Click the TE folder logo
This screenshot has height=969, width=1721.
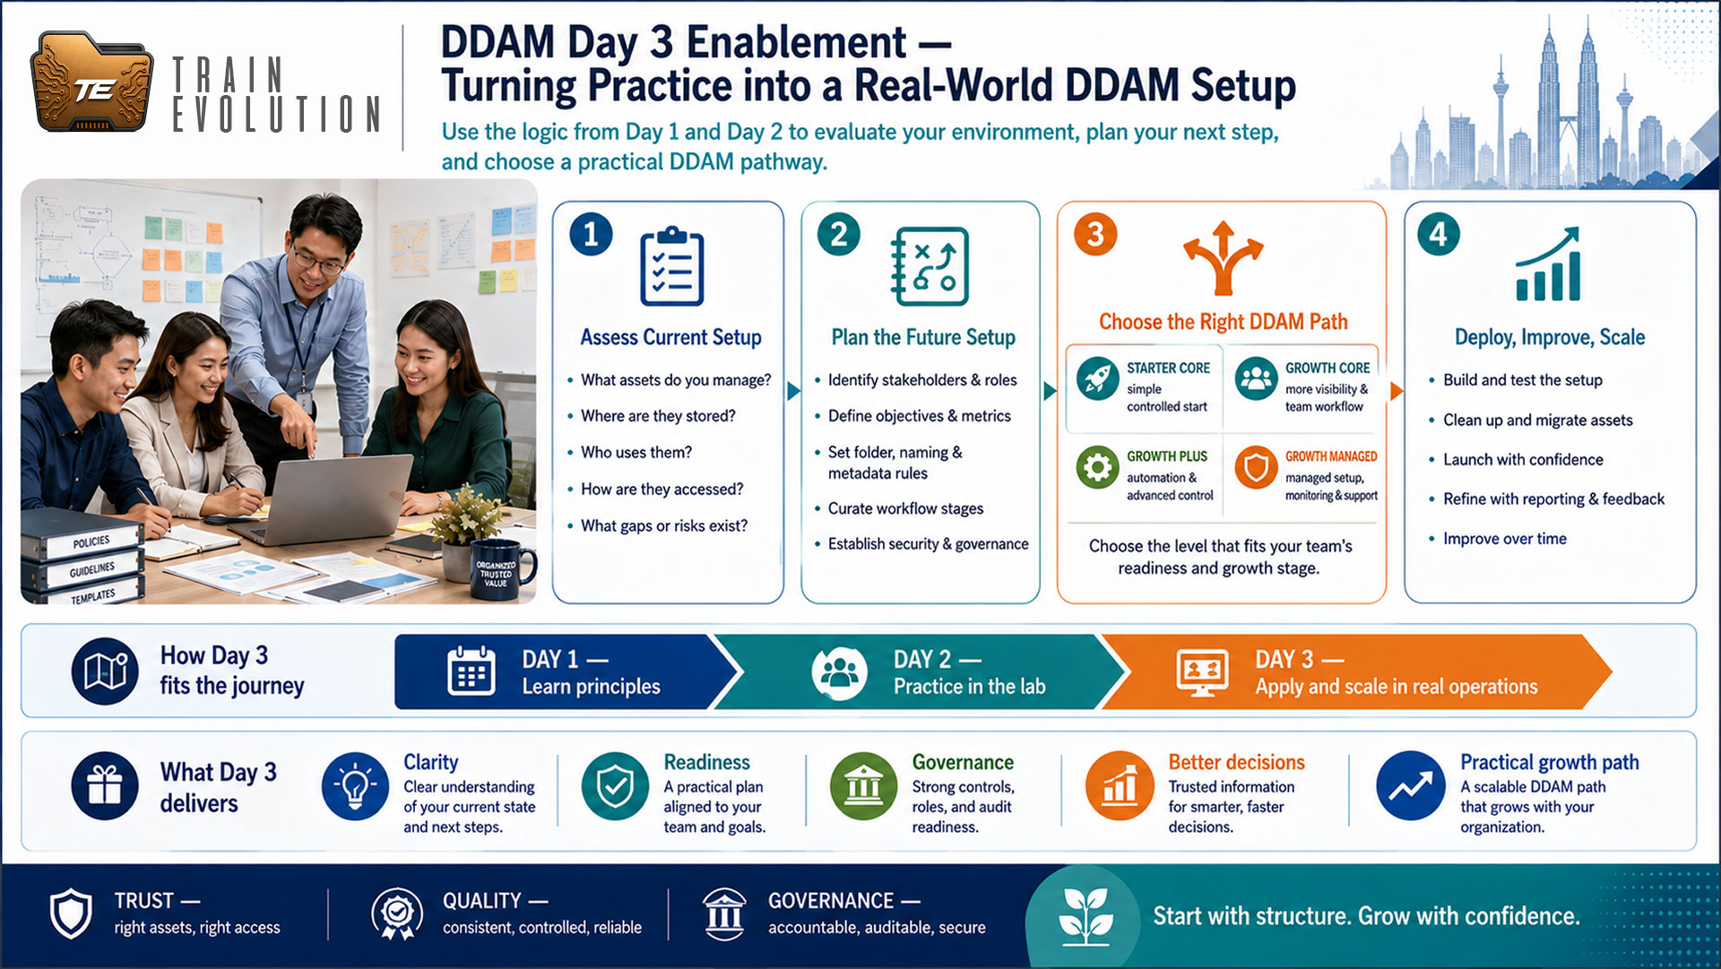click(x=91, y=82)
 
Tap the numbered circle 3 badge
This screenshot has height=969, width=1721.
click(x=1095, y=235)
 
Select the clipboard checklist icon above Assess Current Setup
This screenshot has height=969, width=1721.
click(x=672, y=266)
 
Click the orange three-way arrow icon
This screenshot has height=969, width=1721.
click(x=1223, y=258)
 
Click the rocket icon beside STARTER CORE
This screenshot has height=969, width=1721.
click(x=1098, y=378)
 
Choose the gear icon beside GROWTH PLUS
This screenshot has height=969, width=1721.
click(x=1098, y=467)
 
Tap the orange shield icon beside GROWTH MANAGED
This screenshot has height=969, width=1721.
click(x=1256, y=467)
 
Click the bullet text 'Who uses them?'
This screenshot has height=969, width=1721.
click(x=636, y=453)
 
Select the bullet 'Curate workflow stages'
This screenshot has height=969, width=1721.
click(x=905, y=508)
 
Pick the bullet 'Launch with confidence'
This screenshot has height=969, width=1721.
click(x=1523, y=460)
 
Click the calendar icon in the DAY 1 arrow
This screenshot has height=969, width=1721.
click(x=471, y=671)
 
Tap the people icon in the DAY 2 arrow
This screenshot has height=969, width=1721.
click(x=840, y=672)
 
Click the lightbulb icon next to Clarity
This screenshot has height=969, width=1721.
click(x=355, y=786)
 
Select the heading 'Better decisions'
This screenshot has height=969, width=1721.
click(x=1236, y=762)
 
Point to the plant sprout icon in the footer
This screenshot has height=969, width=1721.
click(x=1085, y=916)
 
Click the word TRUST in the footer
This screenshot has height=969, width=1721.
click(x=143, y=901)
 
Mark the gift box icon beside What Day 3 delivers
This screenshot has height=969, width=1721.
click(x=105, y=786)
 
